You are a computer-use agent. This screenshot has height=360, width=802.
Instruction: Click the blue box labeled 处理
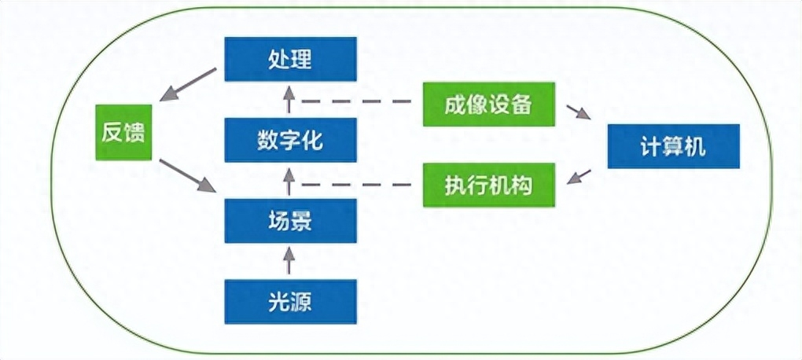(x=289, y=59)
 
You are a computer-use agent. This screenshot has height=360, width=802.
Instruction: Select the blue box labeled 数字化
(x=289, y=141)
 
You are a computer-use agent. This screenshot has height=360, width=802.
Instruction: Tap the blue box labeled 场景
(x=289, y=222)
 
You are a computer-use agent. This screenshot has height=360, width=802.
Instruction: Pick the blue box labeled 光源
(x=289, y=302)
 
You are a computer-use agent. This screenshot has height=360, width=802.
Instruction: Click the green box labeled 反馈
(x=123, y=131)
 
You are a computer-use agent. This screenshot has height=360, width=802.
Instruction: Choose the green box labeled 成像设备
(x=488, y=104)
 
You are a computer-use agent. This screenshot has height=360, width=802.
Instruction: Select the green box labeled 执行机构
(x=488, y=185)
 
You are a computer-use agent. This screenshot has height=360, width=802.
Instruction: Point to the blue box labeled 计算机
(x=673, y=146)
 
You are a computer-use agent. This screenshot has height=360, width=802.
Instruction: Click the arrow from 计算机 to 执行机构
(x=579, y=177)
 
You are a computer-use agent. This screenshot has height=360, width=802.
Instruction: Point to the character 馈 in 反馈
(x=134, y=131)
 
